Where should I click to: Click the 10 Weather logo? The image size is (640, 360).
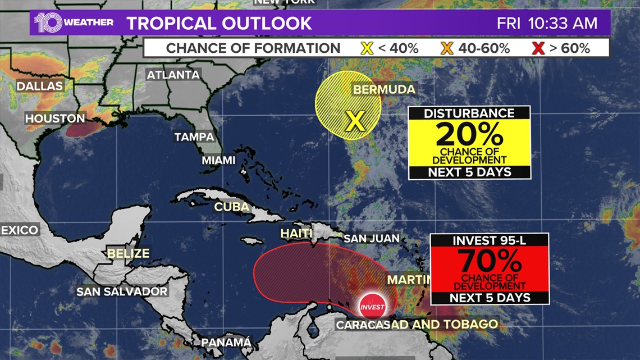[x=74, y=22]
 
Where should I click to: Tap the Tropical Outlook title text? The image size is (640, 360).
[x=219, y=23]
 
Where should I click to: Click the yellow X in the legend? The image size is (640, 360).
[x=367, y=48]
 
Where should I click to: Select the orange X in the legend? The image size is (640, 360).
[x=447, y=48]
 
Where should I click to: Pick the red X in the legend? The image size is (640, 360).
[x=538, y=48]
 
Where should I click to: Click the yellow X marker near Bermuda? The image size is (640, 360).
[x=355, y=120]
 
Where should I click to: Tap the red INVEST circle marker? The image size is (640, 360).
[x=372, y=307]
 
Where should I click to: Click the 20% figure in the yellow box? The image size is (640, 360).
[x=469, y=135]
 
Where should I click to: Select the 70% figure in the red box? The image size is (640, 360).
[x=490, y=261]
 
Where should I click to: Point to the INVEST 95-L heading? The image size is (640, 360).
[x=489, y=240]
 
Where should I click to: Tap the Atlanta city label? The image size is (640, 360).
[x=173, y=75]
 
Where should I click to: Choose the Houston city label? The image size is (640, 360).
[x=55, y=119]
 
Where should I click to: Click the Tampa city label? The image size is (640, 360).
[x=194, y=136]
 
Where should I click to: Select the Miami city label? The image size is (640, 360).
[x=218, y=160]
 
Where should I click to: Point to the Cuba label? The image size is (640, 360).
[x=231, y=207]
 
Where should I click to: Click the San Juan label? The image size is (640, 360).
[x=371, y=238]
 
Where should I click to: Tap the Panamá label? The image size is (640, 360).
[x=226, y=342]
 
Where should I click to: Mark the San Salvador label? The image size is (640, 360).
[x=122, y=291]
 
